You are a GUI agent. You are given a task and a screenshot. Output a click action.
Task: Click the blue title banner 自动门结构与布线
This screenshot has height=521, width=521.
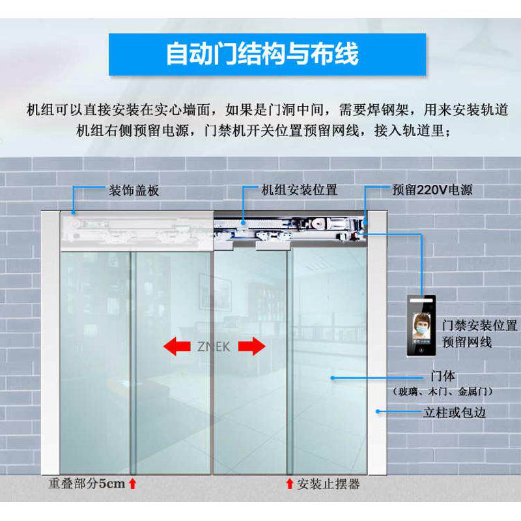[267, 55]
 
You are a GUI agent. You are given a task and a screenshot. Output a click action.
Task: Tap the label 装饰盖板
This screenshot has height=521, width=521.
[134, 191]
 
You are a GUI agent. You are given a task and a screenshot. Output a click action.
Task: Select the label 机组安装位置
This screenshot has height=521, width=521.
[300, 190]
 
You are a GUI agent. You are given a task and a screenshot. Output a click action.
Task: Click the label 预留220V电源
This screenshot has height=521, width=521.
[432, 190]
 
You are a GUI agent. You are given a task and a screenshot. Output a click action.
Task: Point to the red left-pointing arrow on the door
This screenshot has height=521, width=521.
[176, 346]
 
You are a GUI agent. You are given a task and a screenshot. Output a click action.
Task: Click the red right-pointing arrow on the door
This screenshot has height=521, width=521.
[252, 346]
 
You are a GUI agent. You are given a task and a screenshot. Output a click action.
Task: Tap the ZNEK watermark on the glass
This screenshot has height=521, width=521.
[214, 347]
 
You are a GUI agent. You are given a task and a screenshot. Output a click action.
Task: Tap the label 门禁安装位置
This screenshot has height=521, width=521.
[479, 326]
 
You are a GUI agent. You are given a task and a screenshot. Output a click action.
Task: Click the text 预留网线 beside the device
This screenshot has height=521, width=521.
[467, 343]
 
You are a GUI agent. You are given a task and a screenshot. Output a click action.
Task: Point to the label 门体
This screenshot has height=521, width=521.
[443, 376]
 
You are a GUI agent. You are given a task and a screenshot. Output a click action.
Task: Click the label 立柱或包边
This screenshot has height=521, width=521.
[455, 413]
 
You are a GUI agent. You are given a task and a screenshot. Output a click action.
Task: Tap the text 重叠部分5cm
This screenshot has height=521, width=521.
[87, 483]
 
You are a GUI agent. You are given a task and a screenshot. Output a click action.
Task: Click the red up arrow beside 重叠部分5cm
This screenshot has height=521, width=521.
[133, 484]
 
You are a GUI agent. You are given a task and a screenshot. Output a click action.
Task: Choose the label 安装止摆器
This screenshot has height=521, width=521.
[328, 484]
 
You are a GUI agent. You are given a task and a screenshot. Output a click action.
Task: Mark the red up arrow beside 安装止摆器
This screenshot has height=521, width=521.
[290, 484]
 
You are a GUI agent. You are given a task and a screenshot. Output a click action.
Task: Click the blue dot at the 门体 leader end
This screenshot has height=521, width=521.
[333, 378]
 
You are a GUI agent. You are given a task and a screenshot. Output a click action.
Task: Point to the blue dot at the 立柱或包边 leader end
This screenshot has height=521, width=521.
[378, 412]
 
